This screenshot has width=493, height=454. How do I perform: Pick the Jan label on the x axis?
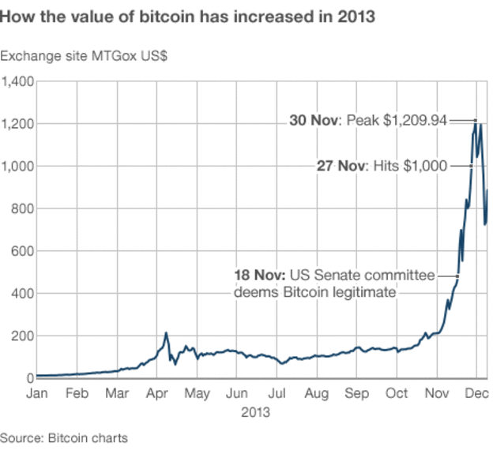click(x=37, y=393)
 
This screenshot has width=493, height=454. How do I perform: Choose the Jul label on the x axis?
click(x=277, y=393)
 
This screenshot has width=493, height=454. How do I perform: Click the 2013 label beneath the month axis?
click(x=255, y=412)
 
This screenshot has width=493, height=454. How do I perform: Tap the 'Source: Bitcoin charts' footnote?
click(x=64, y=437)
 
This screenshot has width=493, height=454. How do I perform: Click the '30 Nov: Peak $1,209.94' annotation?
click(x=368, y=121)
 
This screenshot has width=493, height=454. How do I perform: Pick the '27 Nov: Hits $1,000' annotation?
click(x=381, y=166)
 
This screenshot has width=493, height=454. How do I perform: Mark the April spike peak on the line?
click(x=167, y=333)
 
